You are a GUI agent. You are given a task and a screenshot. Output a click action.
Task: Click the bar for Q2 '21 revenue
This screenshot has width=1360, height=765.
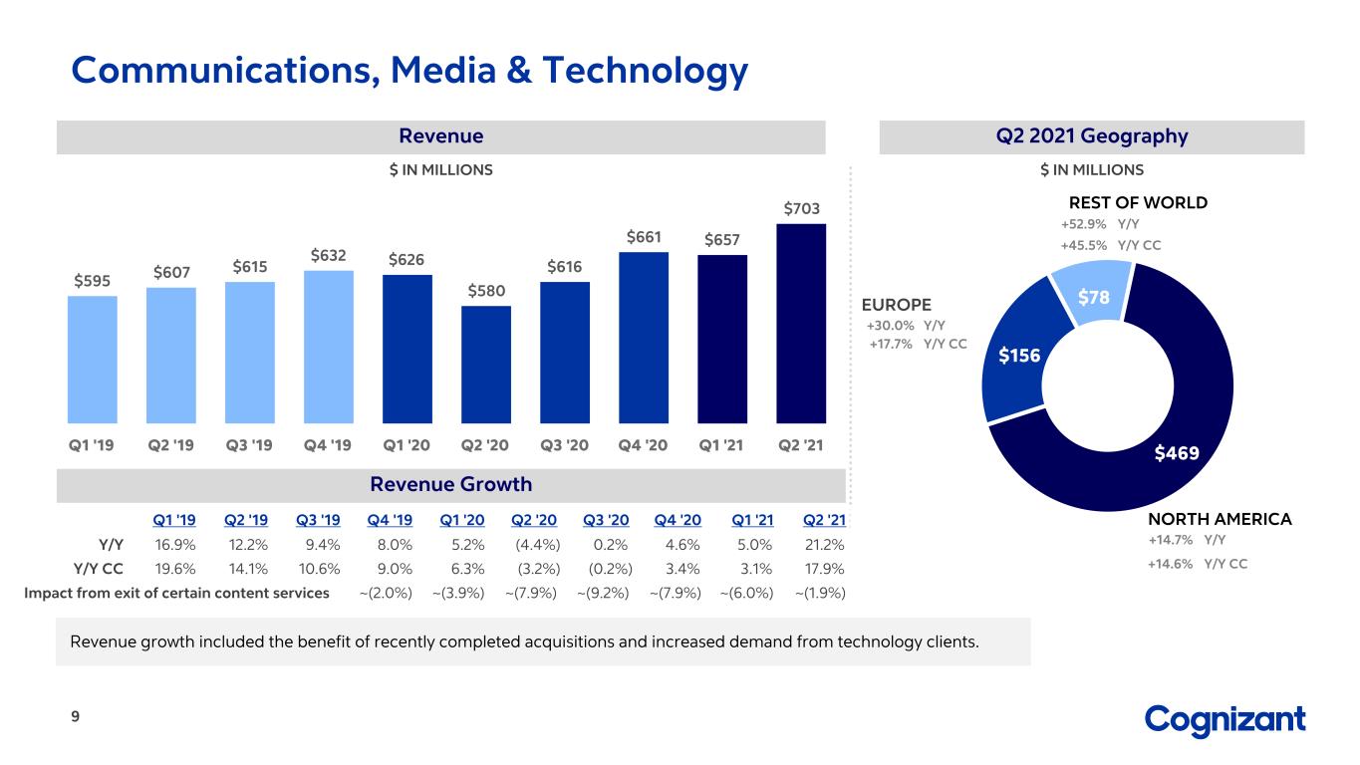[801, 324]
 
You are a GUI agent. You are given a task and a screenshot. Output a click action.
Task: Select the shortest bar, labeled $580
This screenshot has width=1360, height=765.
[486, 365]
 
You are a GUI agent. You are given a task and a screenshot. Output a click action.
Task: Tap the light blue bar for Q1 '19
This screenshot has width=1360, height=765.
[93, 360]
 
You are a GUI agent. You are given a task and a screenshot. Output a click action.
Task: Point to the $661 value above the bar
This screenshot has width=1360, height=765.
[644, 237]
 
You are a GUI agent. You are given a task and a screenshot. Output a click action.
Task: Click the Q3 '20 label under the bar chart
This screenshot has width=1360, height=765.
[565, 445]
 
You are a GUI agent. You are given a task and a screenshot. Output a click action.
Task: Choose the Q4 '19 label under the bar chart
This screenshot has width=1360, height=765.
[328, 445]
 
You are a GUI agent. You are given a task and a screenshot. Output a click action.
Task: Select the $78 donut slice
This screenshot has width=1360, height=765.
[1093, 293]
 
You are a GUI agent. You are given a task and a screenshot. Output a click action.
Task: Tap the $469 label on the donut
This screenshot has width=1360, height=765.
[1177, 453]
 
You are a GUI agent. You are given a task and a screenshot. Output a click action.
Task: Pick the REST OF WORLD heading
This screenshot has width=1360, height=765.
[1139, 203]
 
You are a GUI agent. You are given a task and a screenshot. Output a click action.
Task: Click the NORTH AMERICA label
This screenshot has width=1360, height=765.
[1220, 519]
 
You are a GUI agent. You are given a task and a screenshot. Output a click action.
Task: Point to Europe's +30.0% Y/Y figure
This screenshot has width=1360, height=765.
[890, 326]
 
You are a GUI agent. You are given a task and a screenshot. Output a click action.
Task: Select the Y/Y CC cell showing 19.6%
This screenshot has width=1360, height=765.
[175, 569]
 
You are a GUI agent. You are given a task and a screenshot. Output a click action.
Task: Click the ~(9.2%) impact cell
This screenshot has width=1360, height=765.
[603, 593]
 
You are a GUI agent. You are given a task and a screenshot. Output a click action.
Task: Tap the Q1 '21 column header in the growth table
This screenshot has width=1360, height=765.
[752, 520]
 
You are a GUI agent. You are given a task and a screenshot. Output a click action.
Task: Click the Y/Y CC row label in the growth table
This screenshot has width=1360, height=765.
[99, 569]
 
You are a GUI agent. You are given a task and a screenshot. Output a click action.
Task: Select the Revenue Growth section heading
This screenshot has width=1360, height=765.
[451, 484]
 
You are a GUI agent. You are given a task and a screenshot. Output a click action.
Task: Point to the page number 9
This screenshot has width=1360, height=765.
[76, 716]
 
